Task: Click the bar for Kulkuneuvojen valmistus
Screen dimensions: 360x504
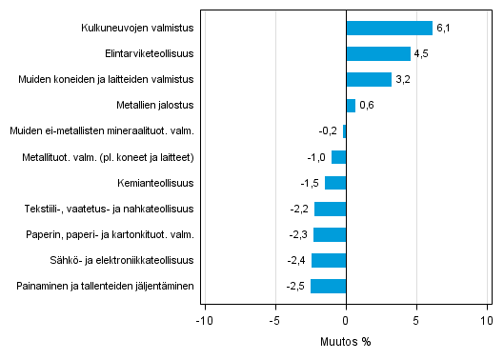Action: tap(389, 29)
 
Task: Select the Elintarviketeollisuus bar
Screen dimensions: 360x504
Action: tap(378, 54)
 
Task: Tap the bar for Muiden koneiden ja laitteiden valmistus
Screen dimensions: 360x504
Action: tap(369, 80)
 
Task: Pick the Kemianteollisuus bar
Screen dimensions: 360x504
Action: tap(335, 183)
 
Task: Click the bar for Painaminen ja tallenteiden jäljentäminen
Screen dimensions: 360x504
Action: tap(328, 286)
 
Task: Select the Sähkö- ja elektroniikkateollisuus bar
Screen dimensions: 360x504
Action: tap(329, 260)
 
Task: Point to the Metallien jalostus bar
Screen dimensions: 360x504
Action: tap(351, 106)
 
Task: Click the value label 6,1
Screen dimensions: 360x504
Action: tap(443, 29)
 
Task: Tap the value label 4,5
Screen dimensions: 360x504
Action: tap(421, 54)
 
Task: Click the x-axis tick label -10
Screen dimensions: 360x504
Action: tap(203, 320)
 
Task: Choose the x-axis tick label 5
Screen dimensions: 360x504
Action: tap(416, 320)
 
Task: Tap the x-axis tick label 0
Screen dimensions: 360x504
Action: tap(346, 320)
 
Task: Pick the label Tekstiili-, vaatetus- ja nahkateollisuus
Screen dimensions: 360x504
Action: tap(110, 209)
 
